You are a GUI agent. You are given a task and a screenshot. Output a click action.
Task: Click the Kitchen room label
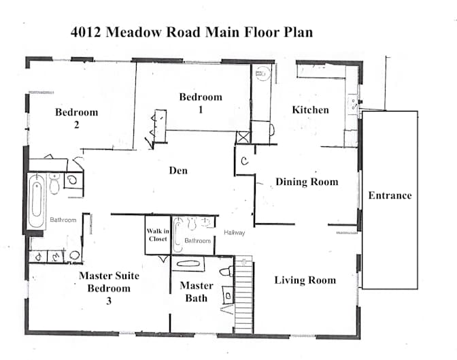310,110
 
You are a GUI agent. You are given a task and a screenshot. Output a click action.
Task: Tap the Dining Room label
307,182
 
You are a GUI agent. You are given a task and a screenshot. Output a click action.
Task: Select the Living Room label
305,280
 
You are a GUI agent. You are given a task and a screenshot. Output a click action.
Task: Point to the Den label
178,171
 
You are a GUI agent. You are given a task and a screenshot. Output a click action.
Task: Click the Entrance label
390,195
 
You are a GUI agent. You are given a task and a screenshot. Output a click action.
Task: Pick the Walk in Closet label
158,235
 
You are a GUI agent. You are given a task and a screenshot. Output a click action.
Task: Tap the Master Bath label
197,292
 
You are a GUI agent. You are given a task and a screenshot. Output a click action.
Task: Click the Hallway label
235,233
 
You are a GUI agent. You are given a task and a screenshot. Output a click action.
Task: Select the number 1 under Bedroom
201,110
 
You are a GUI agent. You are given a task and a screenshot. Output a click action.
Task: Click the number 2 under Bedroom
76,125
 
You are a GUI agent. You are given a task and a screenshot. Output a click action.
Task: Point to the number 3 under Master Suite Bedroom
109,301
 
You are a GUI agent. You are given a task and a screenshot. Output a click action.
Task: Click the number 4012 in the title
86,32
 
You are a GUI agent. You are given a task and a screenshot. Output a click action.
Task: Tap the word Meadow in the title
133,32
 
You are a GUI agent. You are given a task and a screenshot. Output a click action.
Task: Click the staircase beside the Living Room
243,295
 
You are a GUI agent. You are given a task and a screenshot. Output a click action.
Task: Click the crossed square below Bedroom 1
243,137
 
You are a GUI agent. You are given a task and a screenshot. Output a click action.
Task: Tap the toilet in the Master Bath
226,272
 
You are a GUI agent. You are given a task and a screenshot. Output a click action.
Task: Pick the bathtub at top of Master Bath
188,264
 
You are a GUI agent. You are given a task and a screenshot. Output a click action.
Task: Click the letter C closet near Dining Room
245,161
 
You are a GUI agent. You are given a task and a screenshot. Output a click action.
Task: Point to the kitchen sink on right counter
353,104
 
